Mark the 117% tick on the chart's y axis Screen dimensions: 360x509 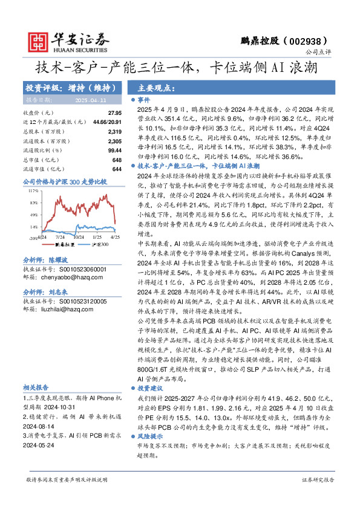(x=33, y=190)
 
